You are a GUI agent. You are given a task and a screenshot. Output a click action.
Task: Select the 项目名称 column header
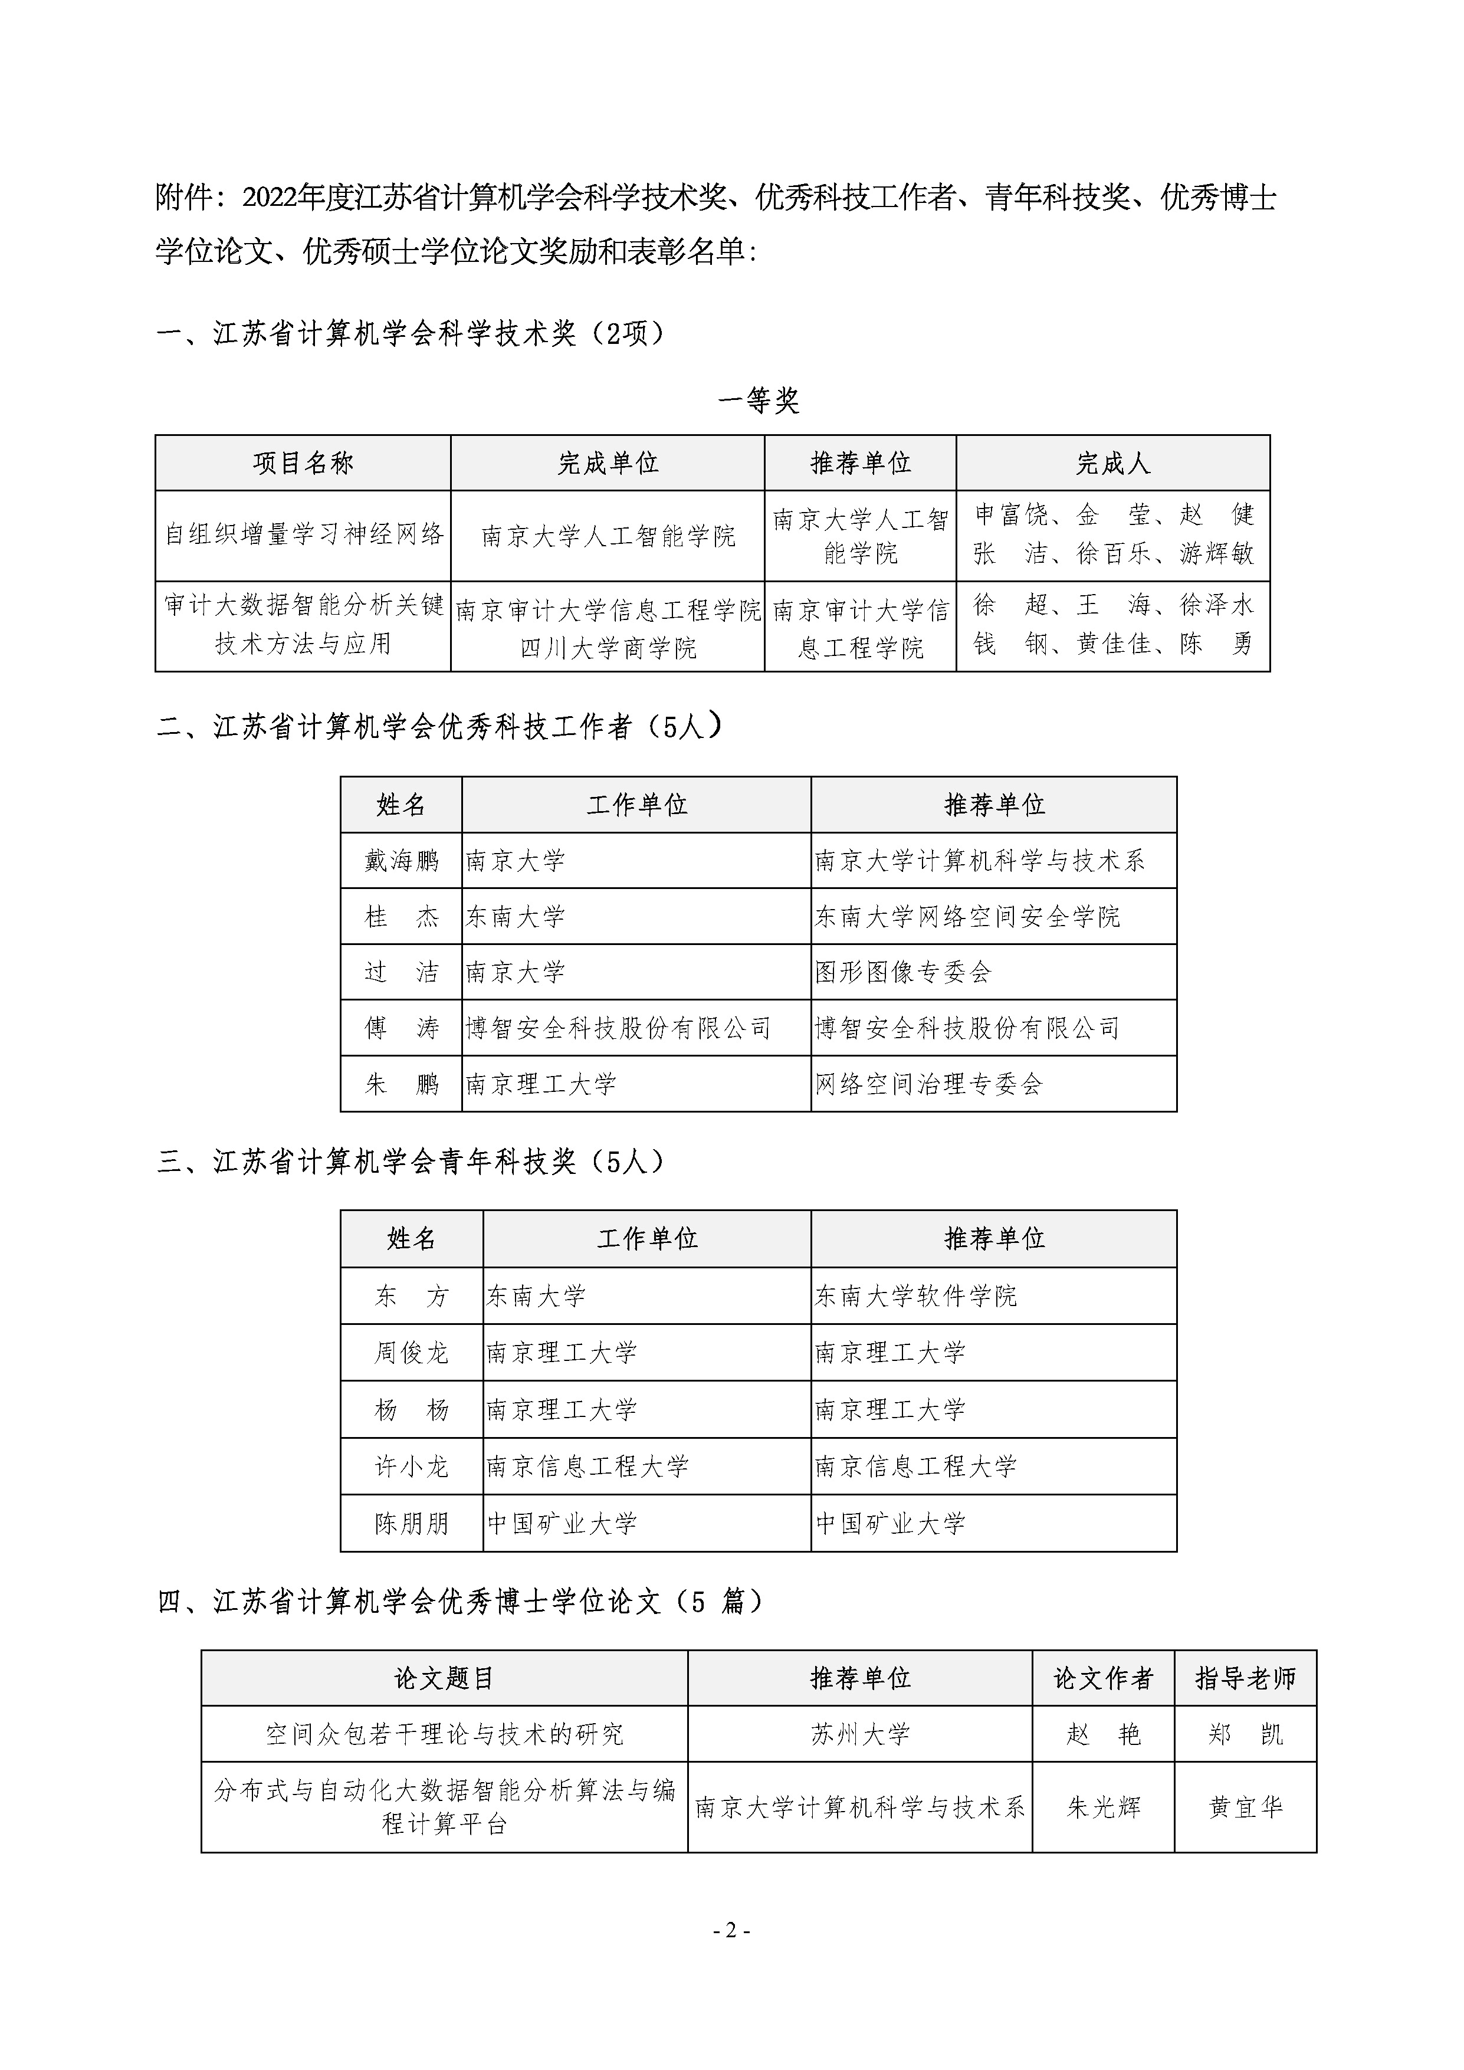click(303, 464)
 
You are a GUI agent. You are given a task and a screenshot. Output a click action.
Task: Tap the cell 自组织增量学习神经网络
click(304, 534)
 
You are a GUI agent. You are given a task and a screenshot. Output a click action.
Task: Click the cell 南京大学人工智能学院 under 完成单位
click(608, 536)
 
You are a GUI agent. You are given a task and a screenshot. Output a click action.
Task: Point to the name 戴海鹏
click(401, 861)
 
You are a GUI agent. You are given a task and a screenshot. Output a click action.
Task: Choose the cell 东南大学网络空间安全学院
click(967, 917)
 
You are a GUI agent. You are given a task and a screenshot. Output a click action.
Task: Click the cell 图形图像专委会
click(902, 972)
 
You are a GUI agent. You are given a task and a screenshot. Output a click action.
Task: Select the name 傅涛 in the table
click(401, 1028)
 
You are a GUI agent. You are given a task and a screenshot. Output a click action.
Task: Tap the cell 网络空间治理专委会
click(928, 1084)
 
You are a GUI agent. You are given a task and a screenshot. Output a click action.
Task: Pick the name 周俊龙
click(411, 1352)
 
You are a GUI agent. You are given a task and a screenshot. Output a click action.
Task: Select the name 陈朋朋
click(411, 1524)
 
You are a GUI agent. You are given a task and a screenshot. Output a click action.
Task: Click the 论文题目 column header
click(444, 1678)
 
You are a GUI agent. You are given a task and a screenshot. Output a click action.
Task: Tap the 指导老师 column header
click(1245, 1678)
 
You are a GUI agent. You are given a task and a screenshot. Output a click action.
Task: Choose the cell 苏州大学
click(860, 1734)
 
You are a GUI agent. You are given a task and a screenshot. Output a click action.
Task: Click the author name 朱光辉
click(1104, 1807)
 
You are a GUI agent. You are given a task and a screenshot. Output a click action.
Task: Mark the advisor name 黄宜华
click(1245, 1807)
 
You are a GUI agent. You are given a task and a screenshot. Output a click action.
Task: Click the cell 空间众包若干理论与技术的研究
click(444, 1734)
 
